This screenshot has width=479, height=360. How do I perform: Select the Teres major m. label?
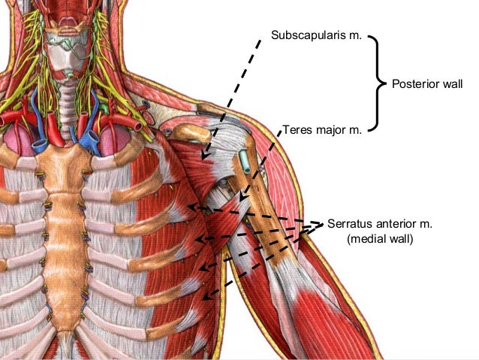pyautogui.click(x=322, y=129)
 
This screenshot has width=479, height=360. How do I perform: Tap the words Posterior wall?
pyautogui.click(x=427, y=83)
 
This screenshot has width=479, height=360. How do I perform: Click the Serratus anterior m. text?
pyautogui.click(x=381, y=224)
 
